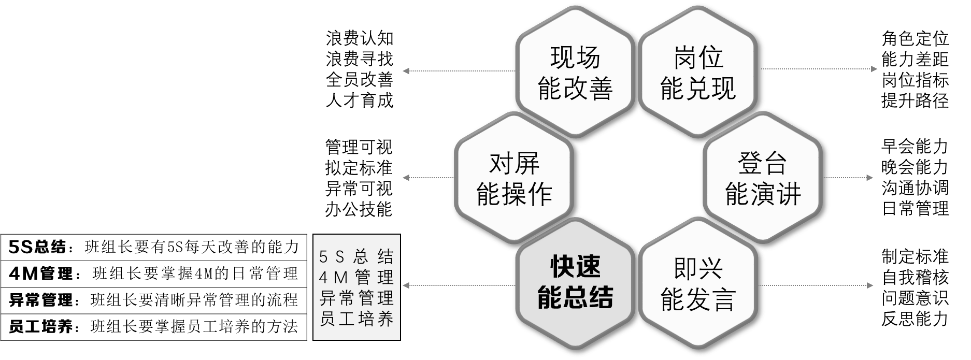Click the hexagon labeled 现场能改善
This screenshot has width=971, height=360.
click(x=575, y=73)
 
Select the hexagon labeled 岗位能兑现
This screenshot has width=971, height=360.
click(x=698, y=73)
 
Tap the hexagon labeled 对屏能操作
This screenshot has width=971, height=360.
click(x=514, y=179)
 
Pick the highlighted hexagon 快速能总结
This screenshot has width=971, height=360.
click(x=575, y=282)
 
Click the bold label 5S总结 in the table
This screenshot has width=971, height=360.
click(x=38, y=248)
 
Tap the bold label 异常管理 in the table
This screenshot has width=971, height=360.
click(x=41, y=300)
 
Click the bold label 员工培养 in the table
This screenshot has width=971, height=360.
click(x=41, y=327)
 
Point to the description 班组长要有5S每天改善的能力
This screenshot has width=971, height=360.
click(x=192, y=248)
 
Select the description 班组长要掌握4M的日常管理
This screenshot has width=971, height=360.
click(x=195, y=273)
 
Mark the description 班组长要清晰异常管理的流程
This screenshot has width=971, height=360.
click(x=194, y=300)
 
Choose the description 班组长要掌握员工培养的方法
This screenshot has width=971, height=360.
click(x=194, y=327)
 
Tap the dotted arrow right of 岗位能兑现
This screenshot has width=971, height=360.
click(x=819, y=69)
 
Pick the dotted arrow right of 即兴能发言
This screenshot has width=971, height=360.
click(x=819, y=285)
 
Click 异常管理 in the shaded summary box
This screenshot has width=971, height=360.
click(x=356, y=298)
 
